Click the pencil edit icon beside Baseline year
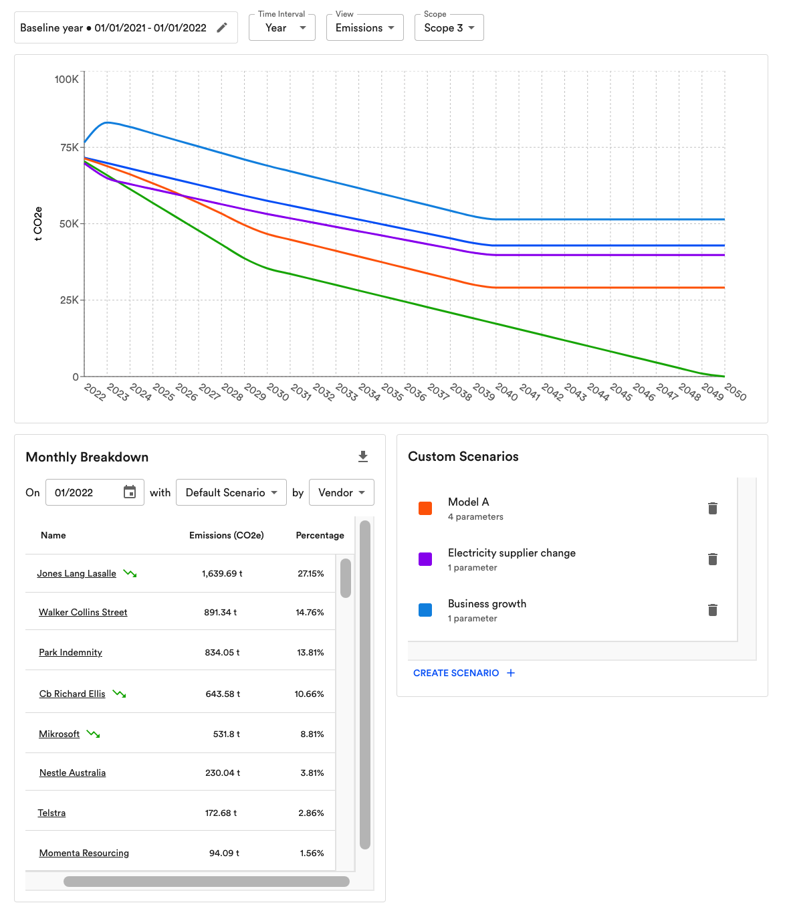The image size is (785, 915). (x=222, y=27)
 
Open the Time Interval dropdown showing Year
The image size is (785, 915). (x=282, y=28)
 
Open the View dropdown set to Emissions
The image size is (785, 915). (x=364, y=28)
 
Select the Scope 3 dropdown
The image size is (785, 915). (x=449, y=28)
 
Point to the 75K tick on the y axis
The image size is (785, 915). (x=69, y=147)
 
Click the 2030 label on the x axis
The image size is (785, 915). (x=277, y=392)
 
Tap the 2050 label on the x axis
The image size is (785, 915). (x=735, y=392)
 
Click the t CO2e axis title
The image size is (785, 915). (x=38, y=223)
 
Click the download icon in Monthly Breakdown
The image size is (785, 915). (x=363, y=456)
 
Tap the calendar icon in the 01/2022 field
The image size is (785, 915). (x=130, y=492)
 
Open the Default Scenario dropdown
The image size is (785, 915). (x=231, y=492)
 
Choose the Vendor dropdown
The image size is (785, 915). (x=341, y=492)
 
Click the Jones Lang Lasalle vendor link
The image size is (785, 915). (x=76, y=573)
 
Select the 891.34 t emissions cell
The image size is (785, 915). (x=221, y=612)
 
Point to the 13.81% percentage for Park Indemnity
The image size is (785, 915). (x=310, y=652)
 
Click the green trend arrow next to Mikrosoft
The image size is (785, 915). (x=94, y=734)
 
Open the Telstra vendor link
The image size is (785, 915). (x=51, y=813)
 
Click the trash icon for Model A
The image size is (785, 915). (x=713, y=508)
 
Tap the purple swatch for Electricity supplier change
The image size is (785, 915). (x=425, y=559)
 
